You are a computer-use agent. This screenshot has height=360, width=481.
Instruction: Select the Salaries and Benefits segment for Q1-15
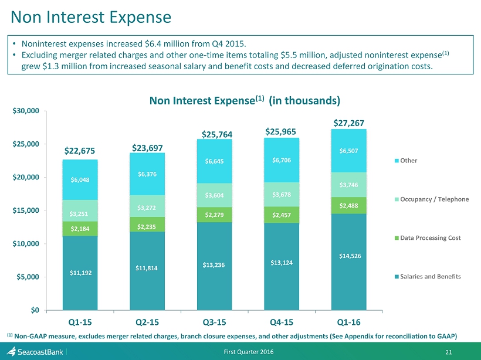pos(80,273)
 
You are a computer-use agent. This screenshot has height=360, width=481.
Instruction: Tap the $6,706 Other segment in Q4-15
pos(282,160)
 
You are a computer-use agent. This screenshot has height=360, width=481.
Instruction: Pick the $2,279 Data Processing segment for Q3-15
pos(215,214)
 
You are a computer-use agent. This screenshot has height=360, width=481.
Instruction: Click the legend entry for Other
pos(409,160)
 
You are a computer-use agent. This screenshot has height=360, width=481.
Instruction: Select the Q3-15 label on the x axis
pos(214,322)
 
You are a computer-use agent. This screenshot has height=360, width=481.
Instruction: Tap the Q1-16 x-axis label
pos(349,322)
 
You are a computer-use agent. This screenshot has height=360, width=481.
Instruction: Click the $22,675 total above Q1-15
pos(80,151)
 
